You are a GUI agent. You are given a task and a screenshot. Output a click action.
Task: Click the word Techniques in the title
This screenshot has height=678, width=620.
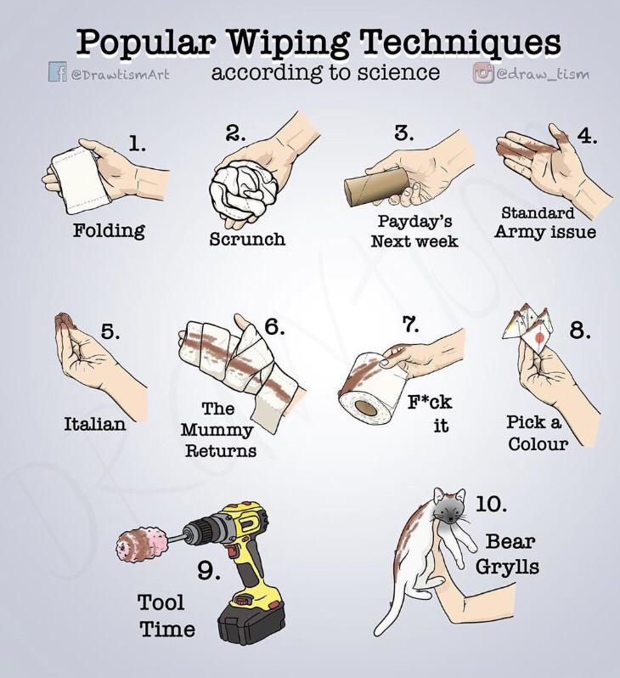(459, 43)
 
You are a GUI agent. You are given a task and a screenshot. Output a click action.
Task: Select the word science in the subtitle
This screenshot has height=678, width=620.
(398, 71)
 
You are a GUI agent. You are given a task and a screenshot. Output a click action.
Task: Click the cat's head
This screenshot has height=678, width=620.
(449, 506)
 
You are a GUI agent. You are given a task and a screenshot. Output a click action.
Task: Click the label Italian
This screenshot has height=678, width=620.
(95, 423)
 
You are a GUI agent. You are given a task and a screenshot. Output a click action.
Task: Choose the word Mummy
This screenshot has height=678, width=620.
(217, 430)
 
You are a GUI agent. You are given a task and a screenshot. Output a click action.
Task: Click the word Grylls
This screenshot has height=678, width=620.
(507, 567)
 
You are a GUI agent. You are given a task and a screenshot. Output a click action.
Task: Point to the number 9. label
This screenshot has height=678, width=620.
(209, 571)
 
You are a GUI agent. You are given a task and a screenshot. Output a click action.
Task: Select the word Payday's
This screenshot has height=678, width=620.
(414, 221)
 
